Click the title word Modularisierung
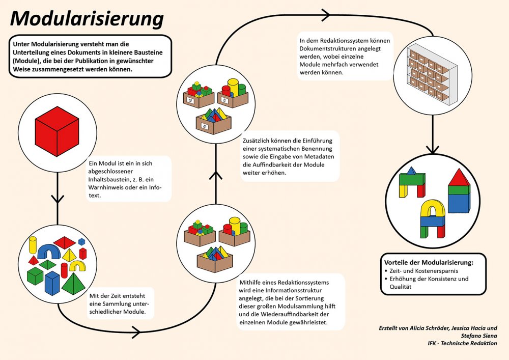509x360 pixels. [87, 19]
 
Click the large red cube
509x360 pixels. [56, 131]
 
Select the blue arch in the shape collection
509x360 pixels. [49, 251]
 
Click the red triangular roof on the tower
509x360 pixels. [459, 178]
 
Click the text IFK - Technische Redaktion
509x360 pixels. [462, 344]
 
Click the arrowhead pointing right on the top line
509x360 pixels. [324, 16]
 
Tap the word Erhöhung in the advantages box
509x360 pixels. [402, 279]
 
